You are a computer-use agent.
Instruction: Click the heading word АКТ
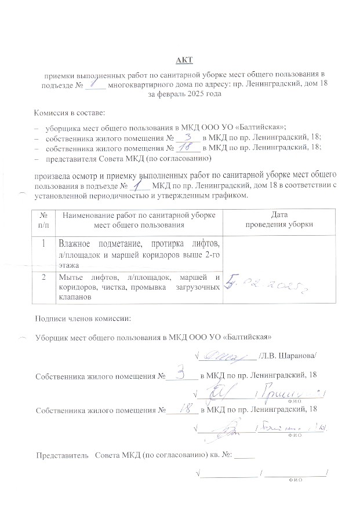(184, 60)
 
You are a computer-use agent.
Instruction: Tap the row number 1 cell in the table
(43, 243)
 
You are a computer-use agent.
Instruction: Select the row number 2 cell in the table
(43, 276)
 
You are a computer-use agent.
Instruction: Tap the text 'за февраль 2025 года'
(184, 93)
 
